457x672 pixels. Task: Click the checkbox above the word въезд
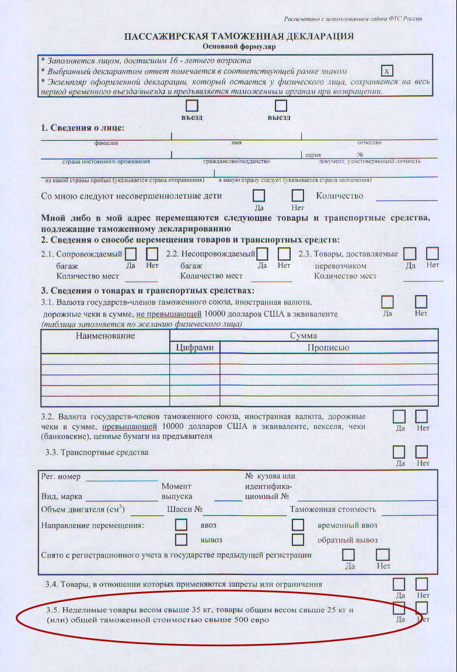pyautogui.click(x=191, y=106)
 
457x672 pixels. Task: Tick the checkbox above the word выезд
pyautogui.click(x=281, y=106)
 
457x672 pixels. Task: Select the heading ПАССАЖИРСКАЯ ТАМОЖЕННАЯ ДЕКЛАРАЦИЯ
pyautogui.click(x=239, y=36)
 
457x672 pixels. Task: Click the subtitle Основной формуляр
pyautogui.click(x=239, y=46)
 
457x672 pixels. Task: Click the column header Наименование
pyautogui.click(x=105, y=335)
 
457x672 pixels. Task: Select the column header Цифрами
pyautogui.click(x=194, y=348)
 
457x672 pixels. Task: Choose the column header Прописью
pyautogui.click(x=329, y=348)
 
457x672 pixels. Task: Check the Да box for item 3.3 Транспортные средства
pyautogui.click(x=399, y=452)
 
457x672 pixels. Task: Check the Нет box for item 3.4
pyautogui.click(x=421, y=584)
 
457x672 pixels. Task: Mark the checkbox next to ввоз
pyautogui.click(x=182, y=525)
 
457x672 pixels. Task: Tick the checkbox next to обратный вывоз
pyautogui.click(x=298, y=539)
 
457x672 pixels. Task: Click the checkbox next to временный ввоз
pyautogui.click(x=298, y=525)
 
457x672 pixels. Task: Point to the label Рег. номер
pyautogui.click(x=61, y=477)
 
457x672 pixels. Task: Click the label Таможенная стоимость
pyautogui.click(x=333, y=509)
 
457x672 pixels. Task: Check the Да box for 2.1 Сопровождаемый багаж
pyautogui.click(x=131, y=254)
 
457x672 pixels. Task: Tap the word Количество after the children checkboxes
pyautogui.click(x=339, y=196)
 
